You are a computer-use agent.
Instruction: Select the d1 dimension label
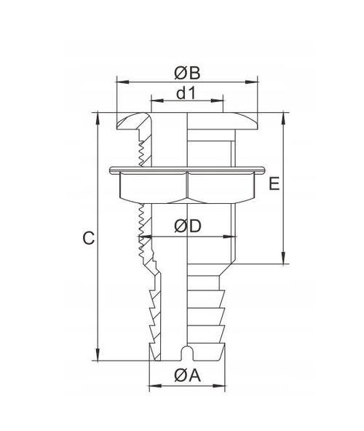[x=187, y=92]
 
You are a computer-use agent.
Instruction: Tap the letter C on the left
[x=87, y=238]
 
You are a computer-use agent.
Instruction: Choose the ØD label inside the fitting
[x=188, y=227]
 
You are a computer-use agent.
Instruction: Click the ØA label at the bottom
[x=187, y=376]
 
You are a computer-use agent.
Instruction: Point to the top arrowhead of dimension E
[x=283, y=116]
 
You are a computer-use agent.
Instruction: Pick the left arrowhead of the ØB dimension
[x=120, y=81]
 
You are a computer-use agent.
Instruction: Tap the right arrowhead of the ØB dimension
[x=256, y=81]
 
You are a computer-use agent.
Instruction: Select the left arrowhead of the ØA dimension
[x=152, y=385]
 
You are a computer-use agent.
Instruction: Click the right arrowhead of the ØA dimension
[x=223, y=385]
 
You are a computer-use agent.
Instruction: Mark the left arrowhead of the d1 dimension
[x=154, y=102]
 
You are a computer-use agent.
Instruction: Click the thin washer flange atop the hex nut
[x=187, y=171]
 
